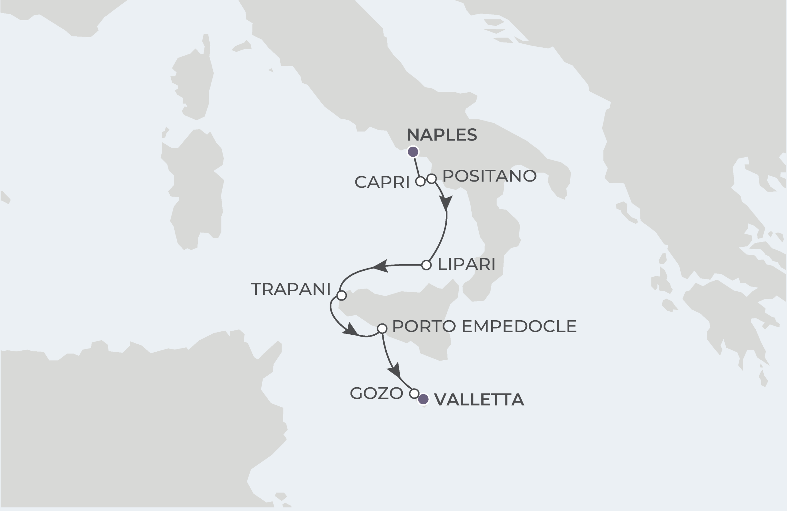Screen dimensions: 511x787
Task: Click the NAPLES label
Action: pos(442,135)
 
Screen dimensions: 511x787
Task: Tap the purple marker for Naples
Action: pos(413,152)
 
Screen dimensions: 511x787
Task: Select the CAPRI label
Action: pos(382,182)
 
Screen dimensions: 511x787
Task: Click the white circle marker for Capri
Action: pos(420,182)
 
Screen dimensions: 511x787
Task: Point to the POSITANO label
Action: pos(489,176)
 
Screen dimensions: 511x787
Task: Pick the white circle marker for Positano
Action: pos(431,179)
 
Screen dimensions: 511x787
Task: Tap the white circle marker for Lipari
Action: pos(427,265)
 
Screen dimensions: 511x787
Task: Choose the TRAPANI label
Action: pos(291,289)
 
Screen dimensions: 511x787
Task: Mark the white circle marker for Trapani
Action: pos(342,295)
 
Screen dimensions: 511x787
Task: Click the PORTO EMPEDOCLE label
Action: pos(484,326)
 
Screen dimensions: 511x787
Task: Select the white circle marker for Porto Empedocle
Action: pos(382,328)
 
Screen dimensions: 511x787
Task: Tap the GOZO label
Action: pos(376,393)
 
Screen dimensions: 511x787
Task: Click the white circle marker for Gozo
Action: pos(414,393)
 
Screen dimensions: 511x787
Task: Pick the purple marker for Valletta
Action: pos(423,399)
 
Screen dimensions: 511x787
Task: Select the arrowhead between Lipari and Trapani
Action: pos(381,266)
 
